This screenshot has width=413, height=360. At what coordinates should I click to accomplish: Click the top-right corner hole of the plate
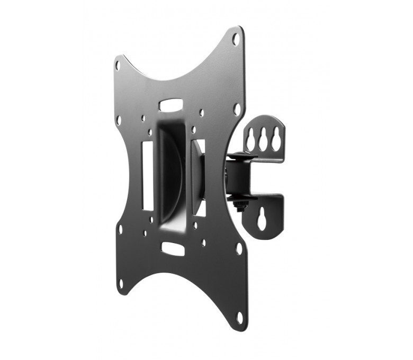(x=236, y=39)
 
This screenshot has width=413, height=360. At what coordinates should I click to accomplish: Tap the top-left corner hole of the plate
(x=118, y=65)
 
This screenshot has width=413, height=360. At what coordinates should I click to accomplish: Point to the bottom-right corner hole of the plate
(x=239, y=317)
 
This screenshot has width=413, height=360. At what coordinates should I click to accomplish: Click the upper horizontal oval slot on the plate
(x=171, y=104)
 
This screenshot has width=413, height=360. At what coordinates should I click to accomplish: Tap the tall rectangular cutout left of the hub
(x=148, y=175)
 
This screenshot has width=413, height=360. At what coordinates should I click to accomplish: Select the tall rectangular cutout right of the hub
(x=200, y=177)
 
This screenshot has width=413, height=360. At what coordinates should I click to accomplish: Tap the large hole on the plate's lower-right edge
(x=239, y=248)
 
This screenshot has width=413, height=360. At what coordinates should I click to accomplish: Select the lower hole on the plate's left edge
(x=120, y=229)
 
